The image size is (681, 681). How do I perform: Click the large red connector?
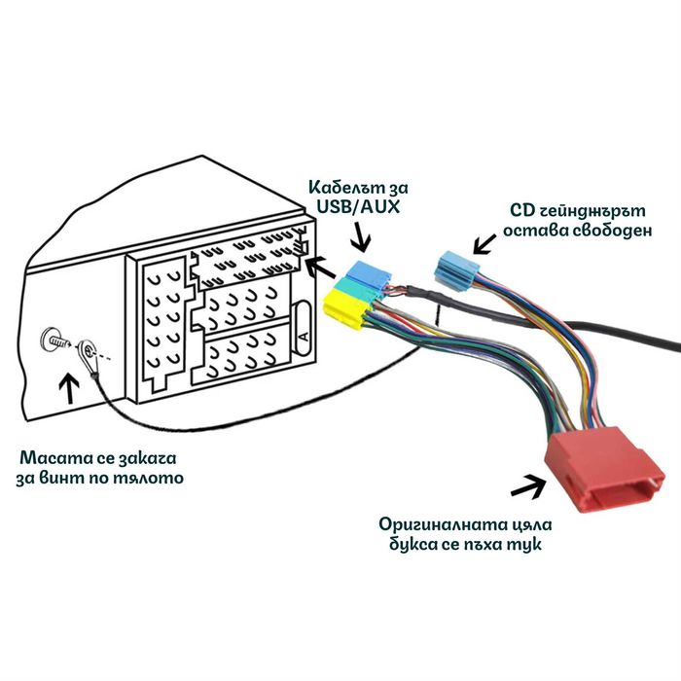pos(604,474)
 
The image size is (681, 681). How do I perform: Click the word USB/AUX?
pos(357,205)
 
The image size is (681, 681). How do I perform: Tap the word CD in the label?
pos(522,209)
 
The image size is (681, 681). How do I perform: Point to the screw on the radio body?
pos(54,341)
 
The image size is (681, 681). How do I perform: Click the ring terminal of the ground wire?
pos(89,348)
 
